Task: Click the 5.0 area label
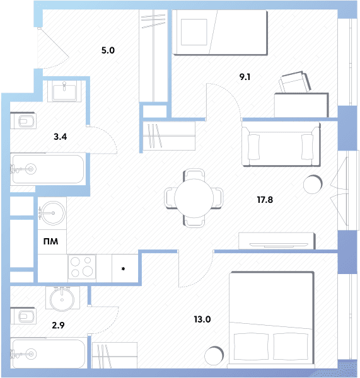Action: pos(108,50)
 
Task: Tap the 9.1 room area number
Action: pos(245,77)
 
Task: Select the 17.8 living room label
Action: pos(265,200)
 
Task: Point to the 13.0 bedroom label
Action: pos(202,319)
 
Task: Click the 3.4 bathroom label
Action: pos(60,137)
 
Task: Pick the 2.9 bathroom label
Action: pos(58,325)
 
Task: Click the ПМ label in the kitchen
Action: pos(50,241)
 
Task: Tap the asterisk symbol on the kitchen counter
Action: pos(123,269)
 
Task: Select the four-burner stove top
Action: pos(82,267)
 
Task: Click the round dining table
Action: pos(194,198)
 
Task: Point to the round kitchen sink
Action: pos(52,213)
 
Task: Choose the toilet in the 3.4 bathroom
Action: pos(23,121)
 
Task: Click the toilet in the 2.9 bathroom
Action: pos(23,316)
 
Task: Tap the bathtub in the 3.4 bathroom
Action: pos(48,169)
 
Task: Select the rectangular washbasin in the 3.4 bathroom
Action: pos(64,91)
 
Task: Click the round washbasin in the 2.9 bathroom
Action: pos(62,299)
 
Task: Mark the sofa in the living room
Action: pos(281,144)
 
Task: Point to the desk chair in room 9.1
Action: pos(294,82)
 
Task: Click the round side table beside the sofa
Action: pos(313,184)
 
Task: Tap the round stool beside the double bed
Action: pos(214,356)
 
